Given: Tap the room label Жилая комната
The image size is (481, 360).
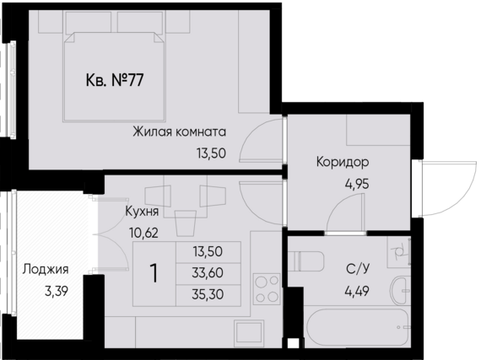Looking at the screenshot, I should pos(178,132).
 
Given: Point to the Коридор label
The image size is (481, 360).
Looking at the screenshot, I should pos(343,162).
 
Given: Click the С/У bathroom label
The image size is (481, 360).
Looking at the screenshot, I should pos(357,271).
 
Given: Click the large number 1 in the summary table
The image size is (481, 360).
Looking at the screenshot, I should pos(154,274).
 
